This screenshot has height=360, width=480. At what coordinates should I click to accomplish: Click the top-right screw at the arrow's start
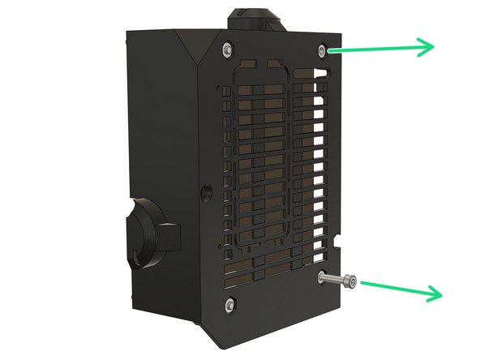[324, 50]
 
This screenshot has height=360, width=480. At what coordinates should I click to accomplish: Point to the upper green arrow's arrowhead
[427, 47]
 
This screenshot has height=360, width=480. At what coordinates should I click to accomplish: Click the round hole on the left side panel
[202, 193]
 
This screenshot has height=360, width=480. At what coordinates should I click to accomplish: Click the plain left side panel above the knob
[162, 122]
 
